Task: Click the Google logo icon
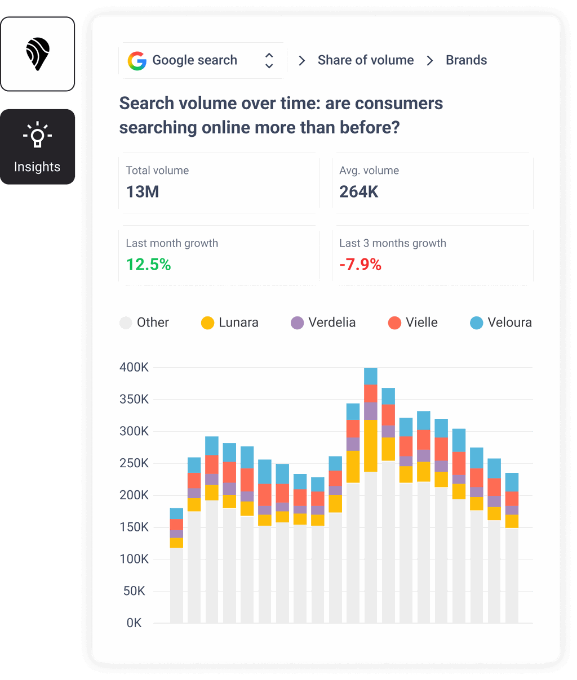point(137,61)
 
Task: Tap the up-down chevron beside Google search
point(269,61)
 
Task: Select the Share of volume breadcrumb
point(365,60)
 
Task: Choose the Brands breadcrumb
point(466,60)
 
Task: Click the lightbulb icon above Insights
point(37,135)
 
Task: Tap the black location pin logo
point(38,54)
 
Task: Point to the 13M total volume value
point(143,192)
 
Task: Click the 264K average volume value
point(359,192)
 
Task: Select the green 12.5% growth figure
point(149,265)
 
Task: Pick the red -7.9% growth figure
point(361,265)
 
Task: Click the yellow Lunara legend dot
point(208,323)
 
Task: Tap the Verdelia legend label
point(332,323)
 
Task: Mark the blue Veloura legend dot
point(477,323)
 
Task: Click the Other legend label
point(153,323)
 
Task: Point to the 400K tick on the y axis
point(134,368)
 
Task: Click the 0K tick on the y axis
point(134,623)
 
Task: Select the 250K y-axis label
point(134,463)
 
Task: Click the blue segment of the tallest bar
point(371,377)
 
